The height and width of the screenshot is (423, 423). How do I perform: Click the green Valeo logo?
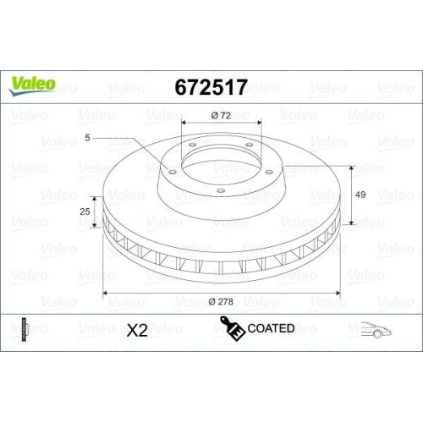point(33,83)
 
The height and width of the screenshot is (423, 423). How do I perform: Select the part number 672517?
point(211,87)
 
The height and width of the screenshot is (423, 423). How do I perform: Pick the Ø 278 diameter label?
point(224,302)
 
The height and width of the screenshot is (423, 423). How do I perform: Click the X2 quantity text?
point(136,330)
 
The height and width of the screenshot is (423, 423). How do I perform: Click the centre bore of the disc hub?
point(221,161)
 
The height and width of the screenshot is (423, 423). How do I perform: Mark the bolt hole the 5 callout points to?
point(170,173)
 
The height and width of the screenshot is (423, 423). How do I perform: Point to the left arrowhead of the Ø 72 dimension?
point(184,123)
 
